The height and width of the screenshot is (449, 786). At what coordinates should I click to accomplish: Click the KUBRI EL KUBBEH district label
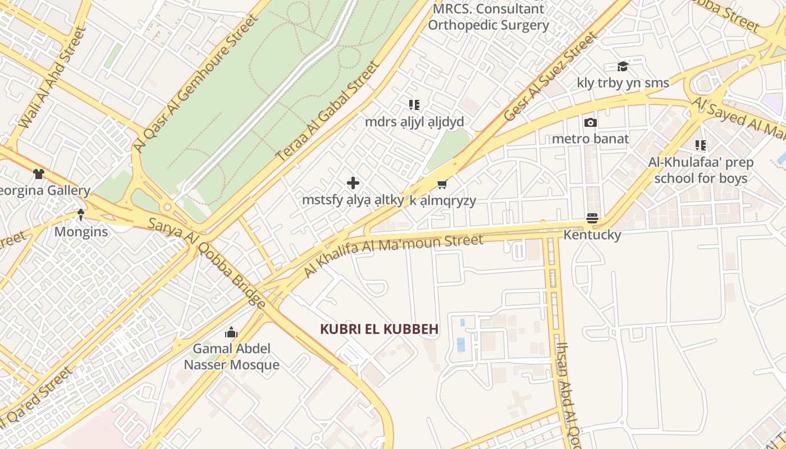(x=379, y=329)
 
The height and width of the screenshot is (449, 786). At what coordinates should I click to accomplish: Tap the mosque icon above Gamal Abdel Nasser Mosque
(x=231, y=333)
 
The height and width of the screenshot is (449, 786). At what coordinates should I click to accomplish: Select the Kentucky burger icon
(x=592, y=218)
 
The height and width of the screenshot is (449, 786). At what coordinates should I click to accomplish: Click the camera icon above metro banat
(x=590, y=122)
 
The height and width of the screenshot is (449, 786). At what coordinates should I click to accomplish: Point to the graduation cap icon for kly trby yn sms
(x=623, y=67)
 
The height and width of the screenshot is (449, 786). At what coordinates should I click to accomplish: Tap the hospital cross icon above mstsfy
(x=353, y=183)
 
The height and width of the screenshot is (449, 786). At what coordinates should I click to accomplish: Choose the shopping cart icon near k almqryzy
(x=442, y=184)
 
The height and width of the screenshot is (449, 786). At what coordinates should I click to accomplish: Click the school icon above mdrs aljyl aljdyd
(x=414, y=105)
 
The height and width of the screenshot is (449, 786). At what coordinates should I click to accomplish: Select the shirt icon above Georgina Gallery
(x=38, y=174)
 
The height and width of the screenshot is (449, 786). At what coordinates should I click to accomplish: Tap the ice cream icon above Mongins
(x=81, y=214)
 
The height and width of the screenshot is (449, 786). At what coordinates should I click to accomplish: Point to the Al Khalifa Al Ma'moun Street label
(x=393, y=255)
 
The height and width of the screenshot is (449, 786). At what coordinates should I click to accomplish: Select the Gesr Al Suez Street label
(x=550, y=77)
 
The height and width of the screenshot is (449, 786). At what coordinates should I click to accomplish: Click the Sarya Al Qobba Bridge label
(x=207, y=262)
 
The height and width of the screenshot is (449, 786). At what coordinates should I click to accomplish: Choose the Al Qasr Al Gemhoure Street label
(x=195, y=83)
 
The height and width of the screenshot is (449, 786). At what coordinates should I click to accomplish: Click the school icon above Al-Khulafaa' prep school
(x=701, y=146)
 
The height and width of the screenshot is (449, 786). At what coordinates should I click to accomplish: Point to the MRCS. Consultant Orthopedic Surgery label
(x=488, y=17)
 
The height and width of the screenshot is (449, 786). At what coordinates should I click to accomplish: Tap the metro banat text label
(x=590, y=139)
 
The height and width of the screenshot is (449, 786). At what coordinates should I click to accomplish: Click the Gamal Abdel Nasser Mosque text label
(x=231, y=356)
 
